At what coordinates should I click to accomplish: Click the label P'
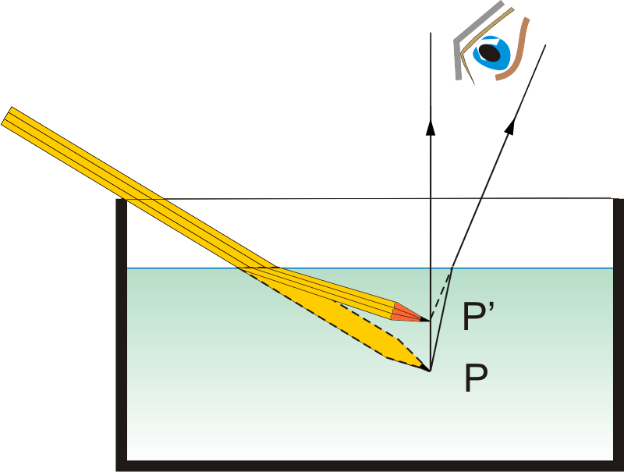478,318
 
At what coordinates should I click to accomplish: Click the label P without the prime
476,379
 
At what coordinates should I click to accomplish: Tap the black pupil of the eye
489,51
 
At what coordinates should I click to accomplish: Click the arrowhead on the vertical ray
430,124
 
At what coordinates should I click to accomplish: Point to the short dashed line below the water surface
441,293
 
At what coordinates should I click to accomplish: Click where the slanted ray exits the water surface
453,268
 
